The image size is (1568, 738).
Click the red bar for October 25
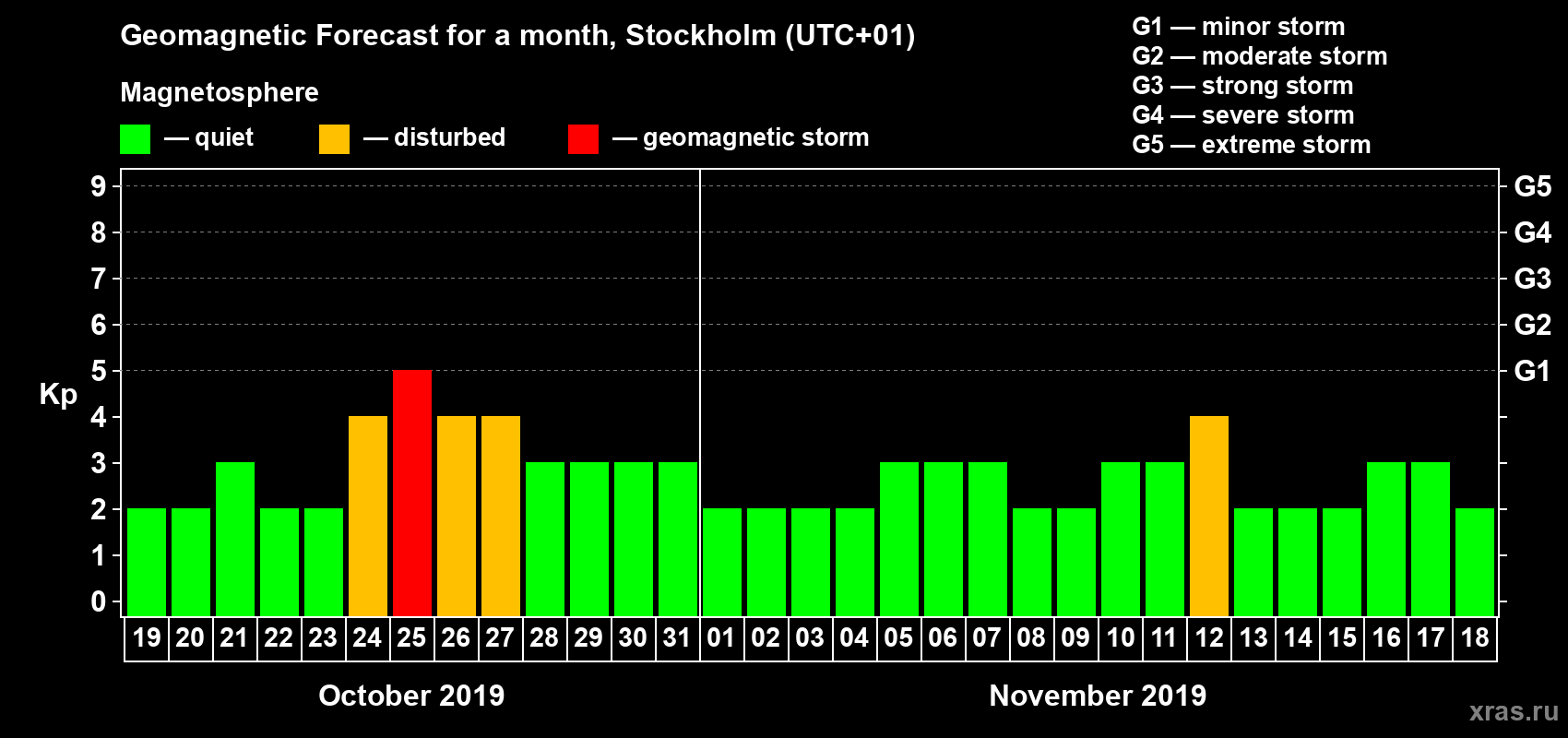tap(412, 494)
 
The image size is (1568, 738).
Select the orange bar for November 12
tap(1209, 517)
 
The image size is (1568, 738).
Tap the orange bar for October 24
tap(368, 517)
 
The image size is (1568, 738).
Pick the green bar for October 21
tap(235, 540)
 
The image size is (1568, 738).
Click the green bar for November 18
tap(1475, 563)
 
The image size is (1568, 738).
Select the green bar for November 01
tap(722, 563)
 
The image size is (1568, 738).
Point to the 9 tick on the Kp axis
tap(99, 186)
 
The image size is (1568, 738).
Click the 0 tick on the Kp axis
tap(99, 602)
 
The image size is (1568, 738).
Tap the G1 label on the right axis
tap(1532, 371)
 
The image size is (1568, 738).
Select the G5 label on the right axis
tap(1532, 186)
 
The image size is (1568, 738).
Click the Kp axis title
tap(58, 395)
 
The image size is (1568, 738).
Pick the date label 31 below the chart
tap(677, 637)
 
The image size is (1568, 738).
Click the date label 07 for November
tap(987, 637)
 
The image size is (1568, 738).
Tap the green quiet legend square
tap(136, 139)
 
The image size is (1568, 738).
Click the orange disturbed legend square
tap(334, 139)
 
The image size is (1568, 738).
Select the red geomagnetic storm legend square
tap(583, 139)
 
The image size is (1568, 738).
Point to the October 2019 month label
tap(411, 696)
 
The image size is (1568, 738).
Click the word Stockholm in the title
tap(701, 36)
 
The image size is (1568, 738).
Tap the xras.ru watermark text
tap(1514, 711)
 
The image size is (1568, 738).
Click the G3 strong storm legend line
tap(1242, 86)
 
